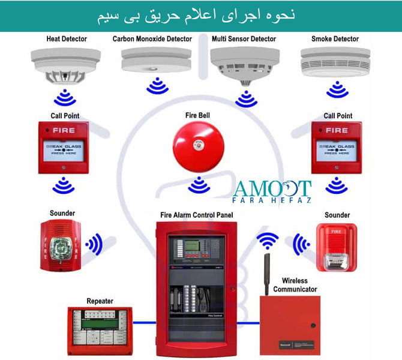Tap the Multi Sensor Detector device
pos(245,62)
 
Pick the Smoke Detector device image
pos(334,62)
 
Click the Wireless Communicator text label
pos(295,284)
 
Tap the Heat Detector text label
pos(67,39)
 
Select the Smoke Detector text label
pos(335,39)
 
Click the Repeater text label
pos(100,301)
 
